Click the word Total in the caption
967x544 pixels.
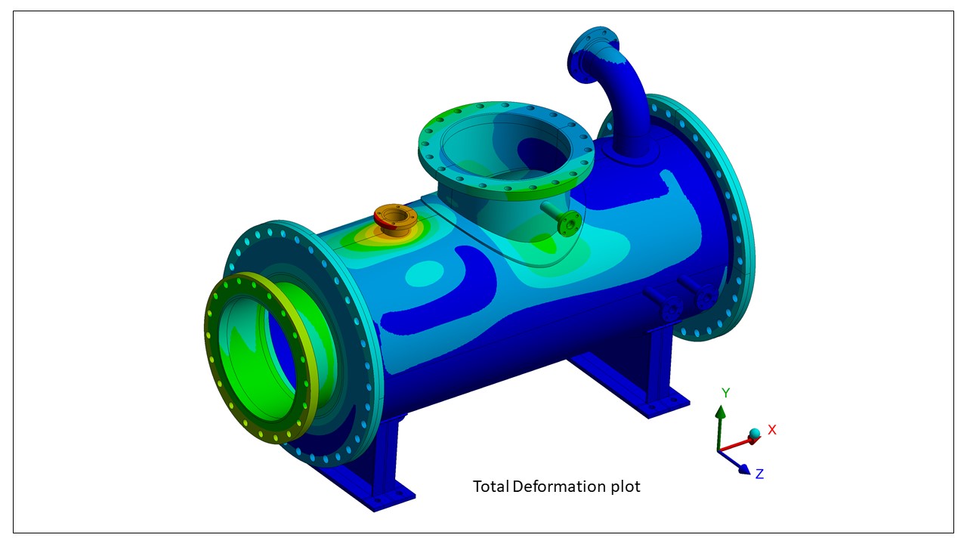click(490, 487)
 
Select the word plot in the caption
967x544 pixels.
click(626, 487)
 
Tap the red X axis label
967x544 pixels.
click(772, 430)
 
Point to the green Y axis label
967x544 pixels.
click(726, 393)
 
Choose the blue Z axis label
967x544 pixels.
click(760, 474)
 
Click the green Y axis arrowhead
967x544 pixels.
click(720, 412)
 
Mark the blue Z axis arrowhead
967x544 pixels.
click(745, 469)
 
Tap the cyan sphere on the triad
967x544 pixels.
click(755, 434)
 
